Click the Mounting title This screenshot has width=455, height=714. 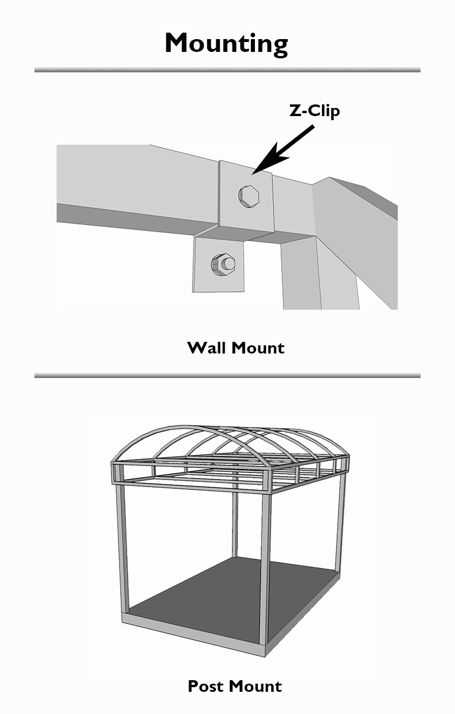tap(226, 44)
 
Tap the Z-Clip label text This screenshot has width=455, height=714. tap(314, 111)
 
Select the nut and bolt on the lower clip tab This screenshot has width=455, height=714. tap(223, 265)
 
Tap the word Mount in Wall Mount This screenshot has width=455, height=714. tap(258, 348)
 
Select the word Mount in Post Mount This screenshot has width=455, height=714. tap(255, 686)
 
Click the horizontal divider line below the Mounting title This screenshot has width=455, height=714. tap(228, 70)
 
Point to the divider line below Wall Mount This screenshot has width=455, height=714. tap(228, 375)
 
